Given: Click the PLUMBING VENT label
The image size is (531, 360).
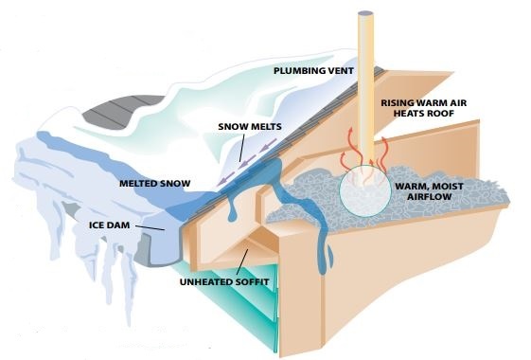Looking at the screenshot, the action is (313, 71).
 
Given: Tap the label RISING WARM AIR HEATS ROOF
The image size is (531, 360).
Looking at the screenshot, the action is (424, 108).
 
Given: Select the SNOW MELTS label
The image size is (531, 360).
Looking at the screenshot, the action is (250, 127).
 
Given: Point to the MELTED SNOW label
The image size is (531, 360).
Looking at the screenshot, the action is (155, 184).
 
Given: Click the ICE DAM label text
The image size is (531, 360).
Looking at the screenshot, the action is (109, 225).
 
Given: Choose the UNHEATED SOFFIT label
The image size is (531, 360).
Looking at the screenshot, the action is (224, 282).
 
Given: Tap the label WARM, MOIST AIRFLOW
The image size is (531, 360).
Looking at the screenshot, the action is (429, 191).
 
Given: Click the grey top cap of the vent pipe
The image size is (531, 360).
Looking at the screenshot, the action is (365, 13).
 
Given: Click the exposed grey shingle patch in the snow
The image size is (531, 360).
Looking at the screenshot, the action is (118, 110).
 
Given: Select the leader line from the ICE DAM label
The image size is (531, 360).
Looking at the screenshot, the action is (150, 227).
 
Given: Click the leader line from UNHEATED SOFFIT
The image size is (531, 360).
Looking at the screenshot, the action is (242, 262).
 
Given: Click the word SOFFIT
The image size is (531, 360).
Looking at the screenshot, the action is (252, 282).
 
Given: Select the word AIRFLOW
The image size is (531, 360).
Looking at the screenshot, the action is (429, 197).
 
